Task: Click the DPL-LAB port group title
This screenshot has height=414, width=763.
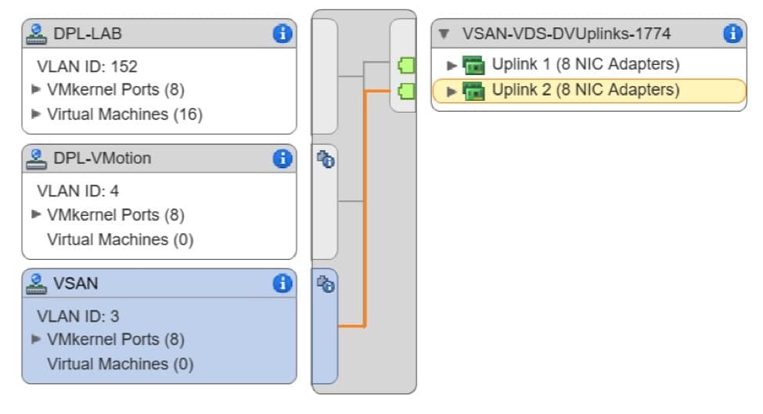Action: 88,34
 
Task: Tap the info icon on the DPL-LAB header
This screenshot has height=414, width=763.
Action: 282,33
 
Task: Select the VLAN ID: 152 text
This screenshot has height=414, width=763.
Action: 87,67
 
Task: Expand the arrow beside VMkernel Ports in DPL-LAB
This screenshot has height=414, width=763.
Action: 36,90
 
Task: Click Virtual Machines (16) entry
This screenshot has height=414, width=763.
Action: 124,114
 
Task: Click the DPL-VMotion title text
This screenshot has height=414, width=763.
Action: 102,158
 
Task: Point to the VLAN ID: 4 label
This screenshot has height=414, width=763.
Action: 77,191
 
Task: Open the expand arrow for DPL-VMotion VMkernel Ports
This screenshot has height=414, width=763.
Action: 36,214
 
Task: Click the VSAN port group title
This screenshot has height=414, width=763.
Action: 76,283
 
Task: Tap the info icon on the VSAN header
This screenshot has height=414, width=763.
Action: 282,283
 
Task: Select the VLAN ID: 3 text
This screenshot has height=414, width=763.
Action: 77,316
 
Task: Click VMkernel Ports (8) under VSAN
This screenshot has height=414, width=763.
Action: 116,340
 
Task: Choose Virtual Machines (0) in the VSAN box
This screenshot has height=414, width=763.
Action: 120,364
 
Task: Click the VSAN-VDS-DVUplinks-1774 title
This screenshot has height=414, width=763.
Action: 566,34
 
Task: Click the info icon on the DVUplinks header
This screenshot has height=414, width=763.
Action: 732,33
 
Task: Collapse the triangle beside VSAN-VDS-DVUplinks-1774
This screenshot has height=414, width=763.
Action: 444,34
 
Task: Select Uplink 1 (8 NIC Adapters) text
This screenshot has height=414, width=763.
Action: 585,64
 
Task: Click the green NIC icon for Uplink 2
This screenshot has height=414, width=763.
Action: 473,92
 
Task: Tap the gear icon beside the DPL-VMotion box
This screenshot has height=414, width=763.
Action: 325,160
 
